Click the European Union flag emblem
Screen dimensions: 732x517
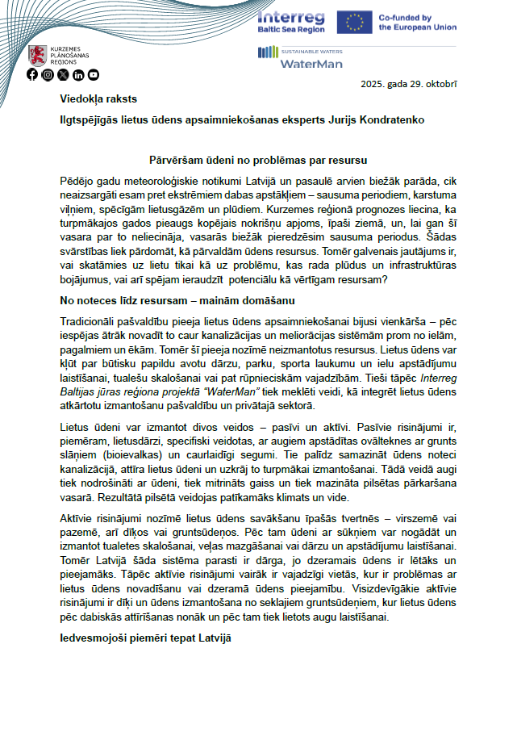pos(354,21)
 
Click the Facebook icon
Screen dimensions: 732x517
pos(32,75)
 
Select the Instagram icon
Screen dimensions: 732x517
pos(48,75)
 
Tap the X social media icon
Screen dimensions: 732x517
pos(63,75)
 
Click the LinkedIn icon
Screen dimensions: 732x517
pos(78,75)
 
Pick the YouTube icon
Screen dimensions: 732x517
pos(94,75)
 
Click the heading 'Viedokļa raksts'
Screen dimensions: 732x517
pos(98,99)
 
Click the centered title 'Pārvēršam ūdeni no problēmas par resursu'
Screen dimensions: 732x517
pos(259,161)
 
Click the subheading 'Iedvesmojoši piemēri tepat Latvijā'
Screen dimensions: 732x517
pos(145,638)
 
